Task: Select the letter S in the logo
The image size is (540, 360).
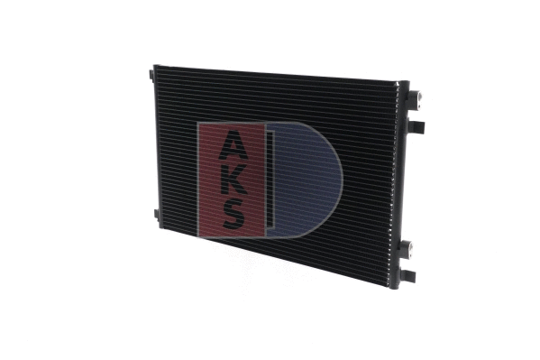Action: click(232, 213)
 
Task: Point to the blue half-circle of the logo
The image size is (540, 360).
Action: click(311, 180)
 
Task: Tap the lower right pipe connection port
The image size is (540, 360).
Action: click(407, 247)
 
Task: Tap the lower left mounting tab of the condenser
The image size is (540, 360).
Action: click(156, 215)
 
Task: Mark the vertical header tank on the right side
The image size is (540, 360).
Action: click(399, 180)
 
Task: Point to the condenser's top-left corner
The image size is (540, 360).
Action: click(155, 67)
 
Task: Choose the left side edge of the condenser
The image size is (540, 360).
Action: click(157, 144)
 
